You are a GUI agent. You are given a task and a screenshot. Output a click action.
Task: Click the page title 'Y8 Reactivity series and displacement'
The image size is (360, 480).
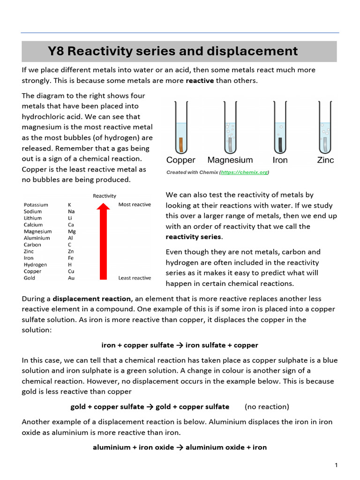[172, 51]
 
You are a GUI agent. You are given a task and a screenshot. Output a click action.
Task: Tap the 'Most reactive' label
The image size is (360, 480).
[135, 205]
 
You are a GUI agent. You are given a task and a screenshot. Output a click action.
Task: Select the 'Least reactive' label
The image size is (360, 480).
[135, 278]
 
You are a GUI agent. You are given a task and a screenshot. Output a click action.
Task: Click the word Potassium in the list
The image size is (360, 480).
[36, 205]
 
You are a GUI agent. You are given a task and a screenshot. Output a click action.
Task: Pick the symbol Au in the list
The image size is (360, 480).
[71, 278]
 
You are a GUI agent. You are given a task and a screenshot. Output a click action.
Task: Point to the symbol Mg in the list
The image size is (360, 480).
[72, 232]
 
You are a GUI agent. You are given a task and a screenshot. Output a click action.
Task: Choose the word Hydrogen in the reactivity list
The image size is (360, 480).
[36, 265]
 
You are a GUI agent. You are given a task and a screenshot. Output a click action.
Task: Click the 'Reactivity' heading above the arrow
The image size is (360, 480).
[105, 196]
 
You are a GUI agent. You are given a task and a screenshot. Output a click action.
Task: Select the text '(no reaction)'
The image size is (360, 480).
[267, 406]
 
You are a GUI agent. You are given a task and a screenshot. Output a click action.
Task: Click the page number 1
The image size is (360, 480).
[336, 465]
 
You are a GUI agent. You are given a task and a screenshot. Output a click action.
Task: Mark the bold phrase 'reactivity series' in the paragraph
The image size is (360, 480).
[193, 237]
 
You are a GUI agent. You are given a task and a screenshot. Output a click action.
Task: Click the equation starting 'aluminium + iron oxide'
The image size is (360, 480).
[180, 447]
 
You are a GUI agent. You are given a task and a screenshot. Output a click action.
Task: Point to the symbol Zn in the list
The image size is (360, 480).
[71, 252]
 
